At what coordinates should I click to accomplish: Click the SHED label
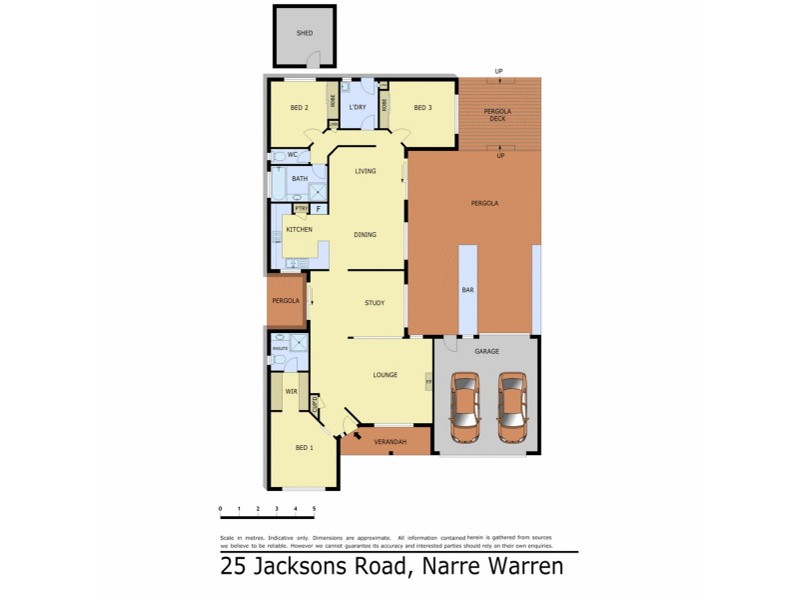305,33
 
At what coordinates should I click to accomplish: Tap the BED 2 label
298,108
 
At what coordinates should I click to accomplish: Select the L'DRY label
359,108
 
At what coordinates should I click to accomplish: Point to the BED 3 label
421,108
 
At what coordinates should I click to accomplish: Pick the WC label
293,155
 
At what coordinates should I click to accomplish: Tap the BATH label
300,179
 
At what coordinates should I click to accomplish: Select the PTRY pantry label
300,209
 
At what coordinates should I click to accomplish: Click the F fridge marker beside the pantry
319,209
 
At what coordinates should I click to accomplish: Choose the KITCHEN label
300,230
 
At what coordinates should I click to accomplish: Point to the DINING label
366,235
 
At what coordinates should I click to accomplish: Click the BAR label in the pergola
466,290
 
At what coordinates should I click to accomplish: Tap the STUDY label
375,302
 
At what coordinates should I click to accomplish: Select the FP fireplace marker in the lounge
428,382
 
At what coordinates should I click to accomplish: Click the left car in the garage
465,407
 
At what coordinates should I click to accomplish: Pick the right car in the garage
511,407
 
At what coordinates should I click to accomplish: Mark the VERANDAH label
390,441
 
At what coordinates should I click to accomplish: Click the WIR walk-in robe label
292,392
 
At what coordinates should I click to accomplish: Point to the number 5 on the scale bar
315,509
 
